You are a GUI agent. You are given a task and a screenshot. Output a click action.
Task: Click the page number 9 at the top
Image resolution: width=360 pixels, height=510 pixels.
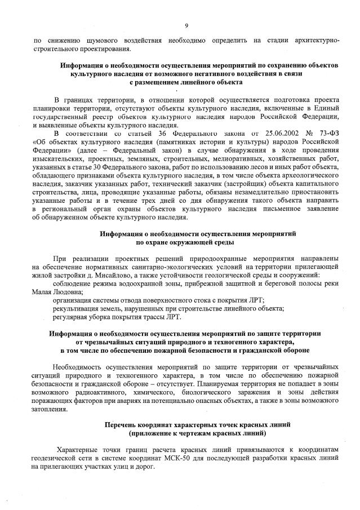[x=186, y=25]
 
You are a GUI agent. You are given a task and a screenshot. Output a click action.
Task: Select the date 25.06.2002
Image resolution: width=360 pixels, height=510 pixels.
[x=263, y=134]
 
